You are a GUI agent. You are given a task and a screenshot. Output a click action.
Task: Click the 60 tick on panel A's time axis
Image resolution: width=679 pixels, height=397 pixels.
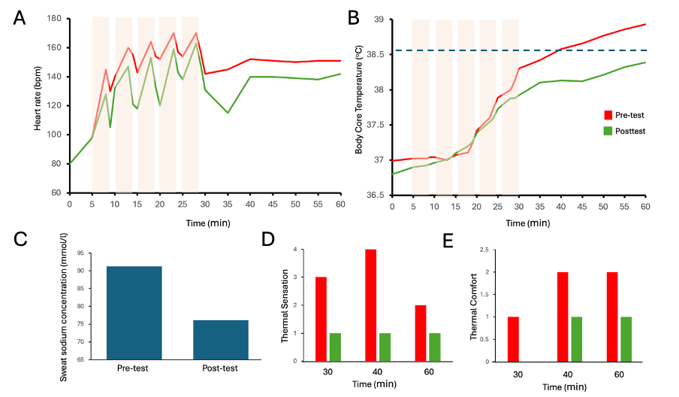click(x=340, y=204)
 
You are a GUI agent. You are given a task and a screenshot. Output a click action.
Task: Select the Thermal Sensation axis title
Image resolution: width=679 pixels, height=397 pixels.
click(x=285, y=305)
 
